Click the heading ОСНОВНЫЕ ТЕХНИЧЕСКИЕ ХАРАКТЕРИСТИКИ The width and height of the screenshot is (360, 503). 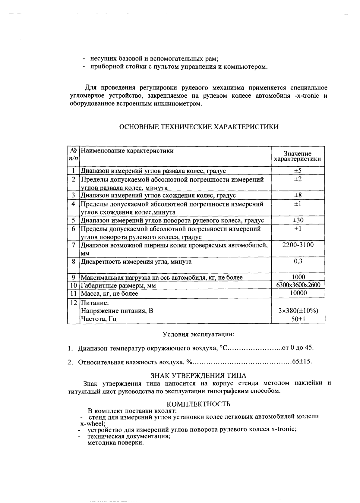199,127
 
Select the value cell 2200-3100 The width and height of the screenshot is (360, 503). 298,245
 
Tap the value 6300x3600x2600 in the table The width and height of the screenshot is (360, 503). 298,285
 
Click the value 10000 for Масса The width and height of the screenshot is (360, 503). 298,293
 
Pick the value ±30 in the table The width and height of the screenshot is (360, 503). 298,220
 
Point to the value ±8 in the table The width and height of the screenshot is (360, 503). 298,195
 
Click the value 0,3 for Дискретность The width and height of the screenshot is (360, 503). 298,261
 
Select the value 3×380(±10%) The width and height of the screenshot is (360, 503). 298,311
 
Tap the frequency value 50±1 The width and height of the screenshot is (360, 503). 298,319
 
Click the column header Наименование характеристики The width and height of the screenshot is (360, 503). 127,151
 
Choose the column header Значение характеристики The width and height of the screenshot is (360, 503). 298,156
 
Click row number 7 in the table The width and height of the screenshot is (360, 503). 73,245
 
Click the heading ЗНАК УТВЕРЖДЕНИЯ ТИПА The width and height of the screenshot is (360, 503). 198,376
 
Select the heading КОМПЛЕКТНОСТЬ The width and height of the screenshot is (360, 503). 198,404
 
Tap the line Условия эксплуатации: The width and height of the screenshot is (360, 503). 198,335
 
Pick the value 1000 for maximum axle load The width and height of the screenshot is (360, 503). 298,277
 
